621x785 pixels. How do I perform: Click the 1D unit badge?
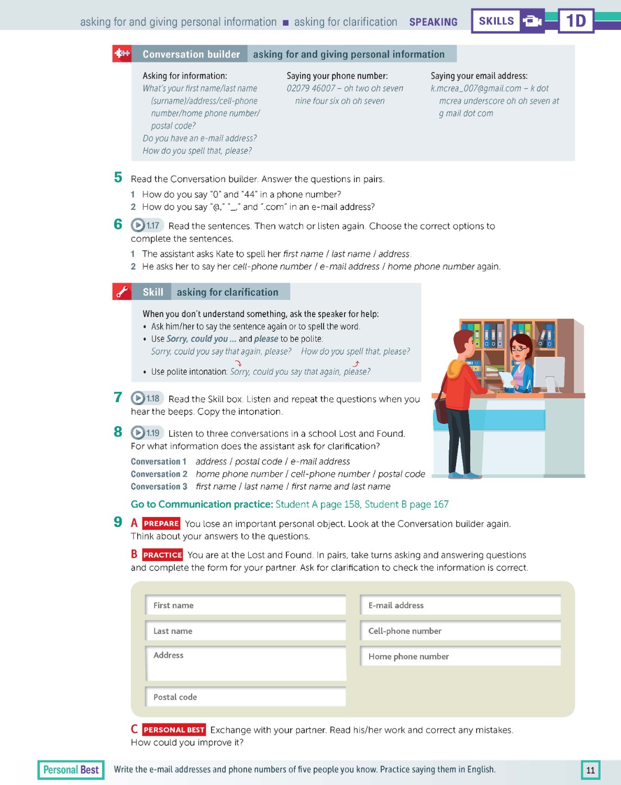pyautogui.click(x=575, y=21)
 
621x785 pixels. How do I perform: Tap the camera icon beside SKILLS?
pyautogui.click(x=533, y=21)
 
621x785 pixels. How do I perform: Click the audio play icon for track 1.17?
pyautogui.click(x=138, y=226)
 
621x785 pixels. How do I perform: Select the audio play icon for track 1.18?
pyautogui.click(x=138, y=398)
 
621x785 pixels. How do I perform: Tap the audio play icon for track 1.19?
pyautogui.click(x=138, y=433)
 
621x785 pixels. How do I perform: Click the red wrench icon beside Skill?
pyautogui.click(x=121, y=292)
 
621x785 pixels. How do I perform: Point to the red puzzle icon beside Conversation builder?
pyautogui.click(x=122, y=54)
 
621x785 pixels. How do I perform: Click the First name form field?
pyautogui.click(x=246, y=605)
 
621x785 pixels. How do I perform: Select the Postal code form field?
pyautogui.click(x=246, y=697)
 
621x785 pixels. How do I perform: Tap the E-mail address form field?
pyautogui.click(x=460, y=605)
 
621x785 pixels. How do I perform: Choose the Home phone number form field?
pyautogui.click(x=460, y=656)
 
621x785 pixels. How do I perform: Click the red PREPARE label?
pyautogui.click(x=161, y=523)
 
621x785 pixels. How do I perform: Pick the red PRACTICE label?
pyautogui.click(x=162, y=555)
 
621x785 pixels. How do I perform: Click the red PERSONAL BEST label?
pyautogui.click(x=174, y=730)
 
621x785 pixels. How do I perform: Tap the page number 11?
pyautogui.click(x=591, y=770)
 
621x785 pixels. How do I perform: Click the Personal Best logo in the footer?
pyautogui.click(x=71, y=770)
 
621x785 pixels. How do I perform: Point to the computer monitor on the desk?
pyautogui.click(x=549, y=373)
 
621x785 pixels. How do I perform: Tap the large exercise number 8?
pyautogui.click(x=118, y=432)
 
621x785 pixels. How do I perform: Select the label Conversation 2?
pyautogui.click(x=159, y=474)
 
